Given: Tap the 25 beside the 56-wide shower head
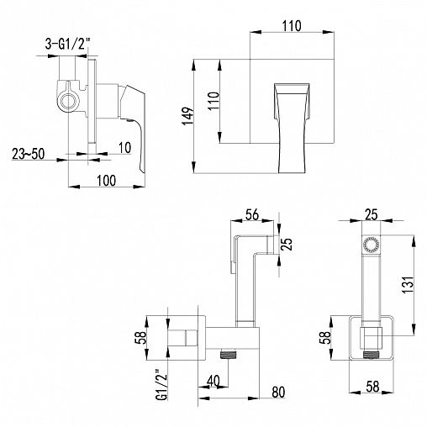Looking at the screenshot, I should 286,244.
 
